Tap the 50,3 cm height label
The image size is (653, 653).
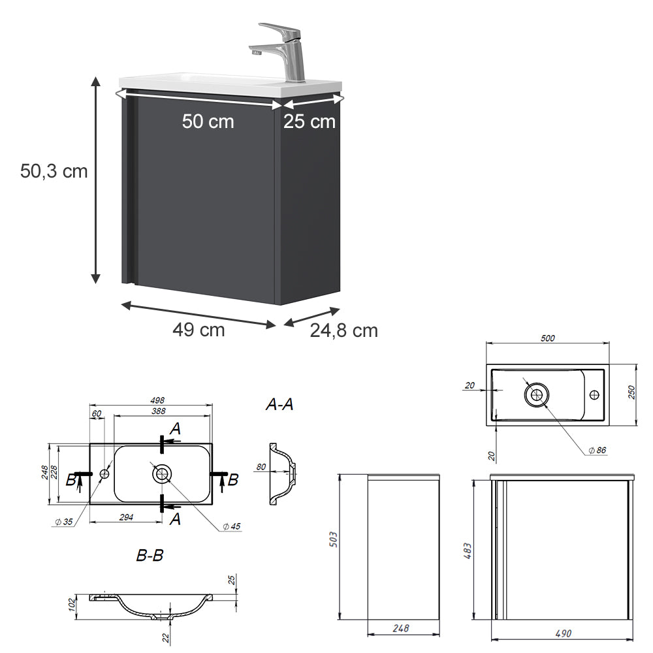pos(54,171)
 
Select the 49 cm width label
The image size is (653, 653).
pos(199,330)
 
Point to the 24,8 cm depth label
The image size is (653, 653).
pos(343,330)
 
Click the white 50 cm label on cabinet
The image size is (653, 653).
pos(208,121)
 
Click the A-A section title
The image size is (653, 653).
pos(279,405)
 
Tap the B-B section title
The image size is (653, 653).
pos(150,556)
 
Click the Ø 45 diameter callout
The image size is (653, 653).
pos(232,526)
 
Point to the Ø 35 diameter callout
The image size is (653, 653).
pos(63,521)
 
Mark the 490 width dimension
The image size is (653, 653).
pos(562,633)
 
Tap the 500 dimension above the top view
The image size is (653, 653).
pos(547,338)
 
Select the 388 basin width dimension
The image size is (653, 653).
pos(157,411)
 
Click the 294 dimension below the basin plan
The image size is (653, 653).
pos(126,517)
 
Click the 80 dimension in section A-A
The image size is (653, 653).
pos(261,467)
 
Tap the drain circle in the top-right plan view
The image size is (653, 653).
pos(537,394)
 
